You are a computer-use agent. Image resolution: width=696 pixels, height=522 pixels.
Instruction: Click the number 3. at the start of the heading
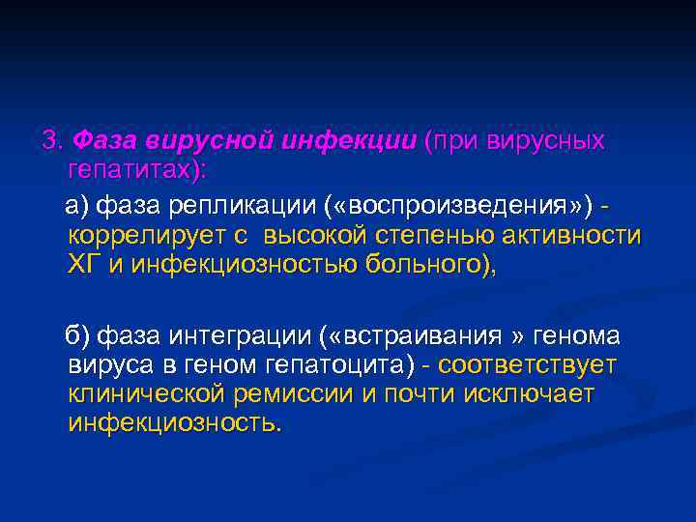point(51,141)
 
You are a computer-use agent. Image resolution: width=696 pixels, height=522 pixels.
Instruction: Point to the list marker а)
point(76,207)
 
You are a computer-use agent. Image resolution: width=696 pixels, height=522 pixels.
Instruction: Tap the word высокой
point(313,236)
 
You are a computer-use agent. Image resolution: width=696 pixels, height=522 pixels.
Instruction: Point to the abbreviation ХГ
point(85,265)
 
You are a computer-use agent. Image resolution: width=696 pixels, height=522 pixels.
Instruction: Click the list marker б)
point(76,336)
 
